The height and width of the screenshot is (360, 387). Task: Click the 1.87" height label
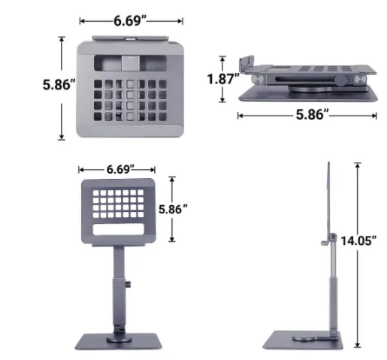223,79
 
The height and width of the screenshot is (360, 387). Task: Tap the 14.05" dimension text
358,241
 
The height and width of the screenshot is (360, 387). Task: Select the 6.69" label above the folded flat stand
130,21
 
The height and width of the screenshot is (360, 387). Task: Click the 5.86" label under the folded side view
312,115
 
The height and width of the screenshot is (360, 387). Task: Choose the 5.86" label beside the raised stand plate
173,209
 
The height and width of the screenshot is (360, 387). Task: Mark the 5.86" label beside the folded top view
59,84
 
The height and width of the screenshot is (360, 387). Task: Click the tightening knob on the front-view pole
128,284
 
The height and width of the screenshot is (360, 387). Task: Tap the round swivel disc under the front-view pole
119,340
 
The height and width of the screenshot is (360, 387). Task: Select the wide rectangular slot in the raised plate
119,229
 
